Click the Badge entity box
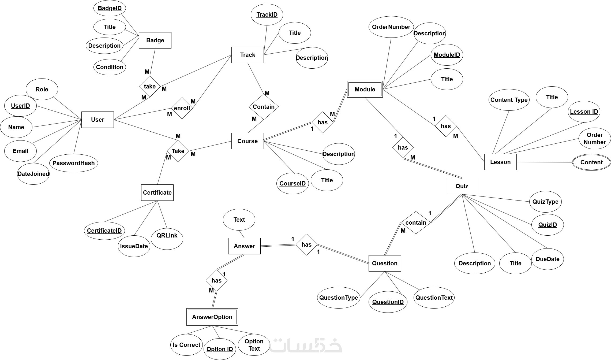pos(155,40)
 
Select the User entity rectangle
pos(98,120)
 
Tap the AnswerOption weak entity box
pos(212,317)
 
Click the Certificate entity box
pos(157,193)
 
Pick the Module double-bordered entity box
pos(365,90)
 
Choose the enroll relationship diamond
pos(182,108)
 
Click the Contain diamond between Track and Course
pos(264,107)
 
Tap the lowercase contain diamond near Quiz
pos(416,223)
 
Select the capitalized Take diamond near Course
pos(178,151)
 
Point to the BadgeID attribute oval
pos(110,8)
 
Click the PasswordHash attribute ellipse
pos(74,163)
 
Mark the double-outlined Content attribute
pos(591,162)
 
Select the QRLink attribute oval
pos(167,236)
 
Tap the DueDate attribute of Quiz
pos(548,259)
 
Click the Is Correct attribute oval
pos(186,345)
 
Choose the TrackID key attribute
pos(267,15)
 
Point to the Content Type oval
pos(509,100)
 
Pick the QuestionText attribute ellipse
pos(434,298)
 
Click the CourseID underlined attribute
pos(293,184)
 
